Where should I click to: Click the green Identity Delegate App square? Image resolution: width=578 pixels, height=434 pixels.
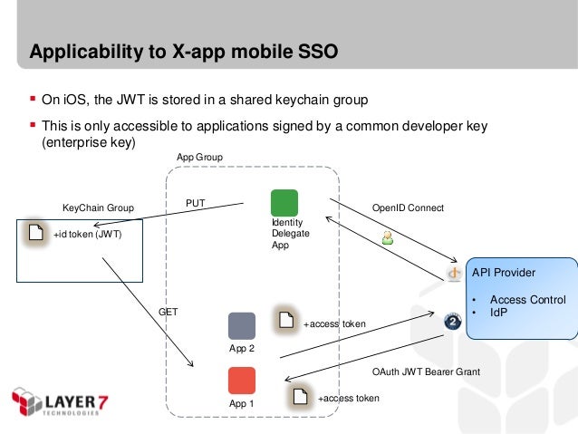pos(284,202)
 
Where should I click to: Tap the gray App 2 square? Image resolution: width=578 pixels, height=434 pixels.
pos(242,325)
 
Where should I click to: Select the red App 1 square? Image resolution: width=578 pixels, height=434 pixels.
pos(242,380)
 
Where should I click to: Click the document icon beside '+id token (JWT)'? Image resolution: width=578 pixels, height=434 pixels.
pos(35,232)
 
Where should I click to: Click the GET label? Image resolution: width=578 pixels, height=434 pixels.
pos(169,311)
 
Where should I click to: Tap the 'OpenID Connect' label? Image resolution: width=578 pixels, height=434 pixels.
pos(408,207)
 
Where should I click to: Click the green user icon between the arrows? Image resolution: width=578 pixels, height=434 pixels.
pos(387,238)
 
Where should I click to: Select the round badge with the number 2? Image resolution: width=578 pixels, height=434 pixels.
pos(453,322)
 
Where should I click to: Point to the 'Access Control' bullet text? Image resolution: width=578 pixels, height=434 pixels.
pos(527,300)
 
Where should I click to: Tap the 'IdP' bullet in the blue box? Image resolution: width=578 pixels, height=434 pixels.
pos(498,313)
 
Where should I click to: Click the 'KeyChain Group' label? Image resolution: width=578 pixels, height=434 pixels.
pos(97,208)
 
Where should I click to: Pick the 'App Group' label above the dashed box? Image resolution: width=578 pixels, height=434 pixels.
pos(198,157)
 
